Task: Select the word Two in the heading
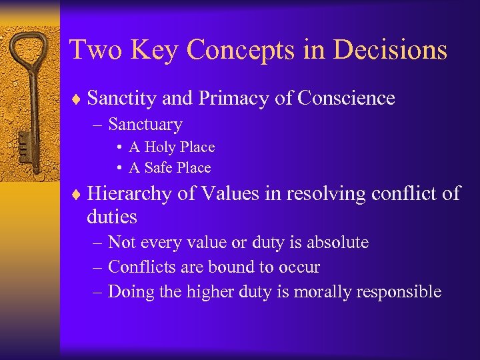click(x=92, y=51)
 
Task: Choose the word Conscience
click(x=347, y=99)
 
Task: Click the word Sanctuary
click(x=145, y=125)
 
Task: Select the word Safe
click(x=159, y=168)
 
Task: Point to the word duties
click(x=112, y=217)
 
